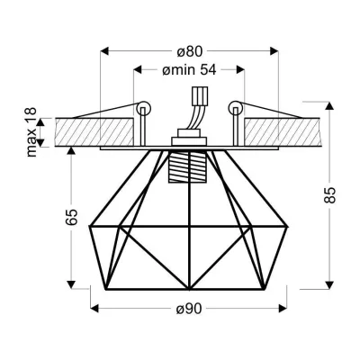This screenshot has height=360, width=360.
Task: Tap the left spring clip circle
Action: pyautogui.click(x=141, y=108)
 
